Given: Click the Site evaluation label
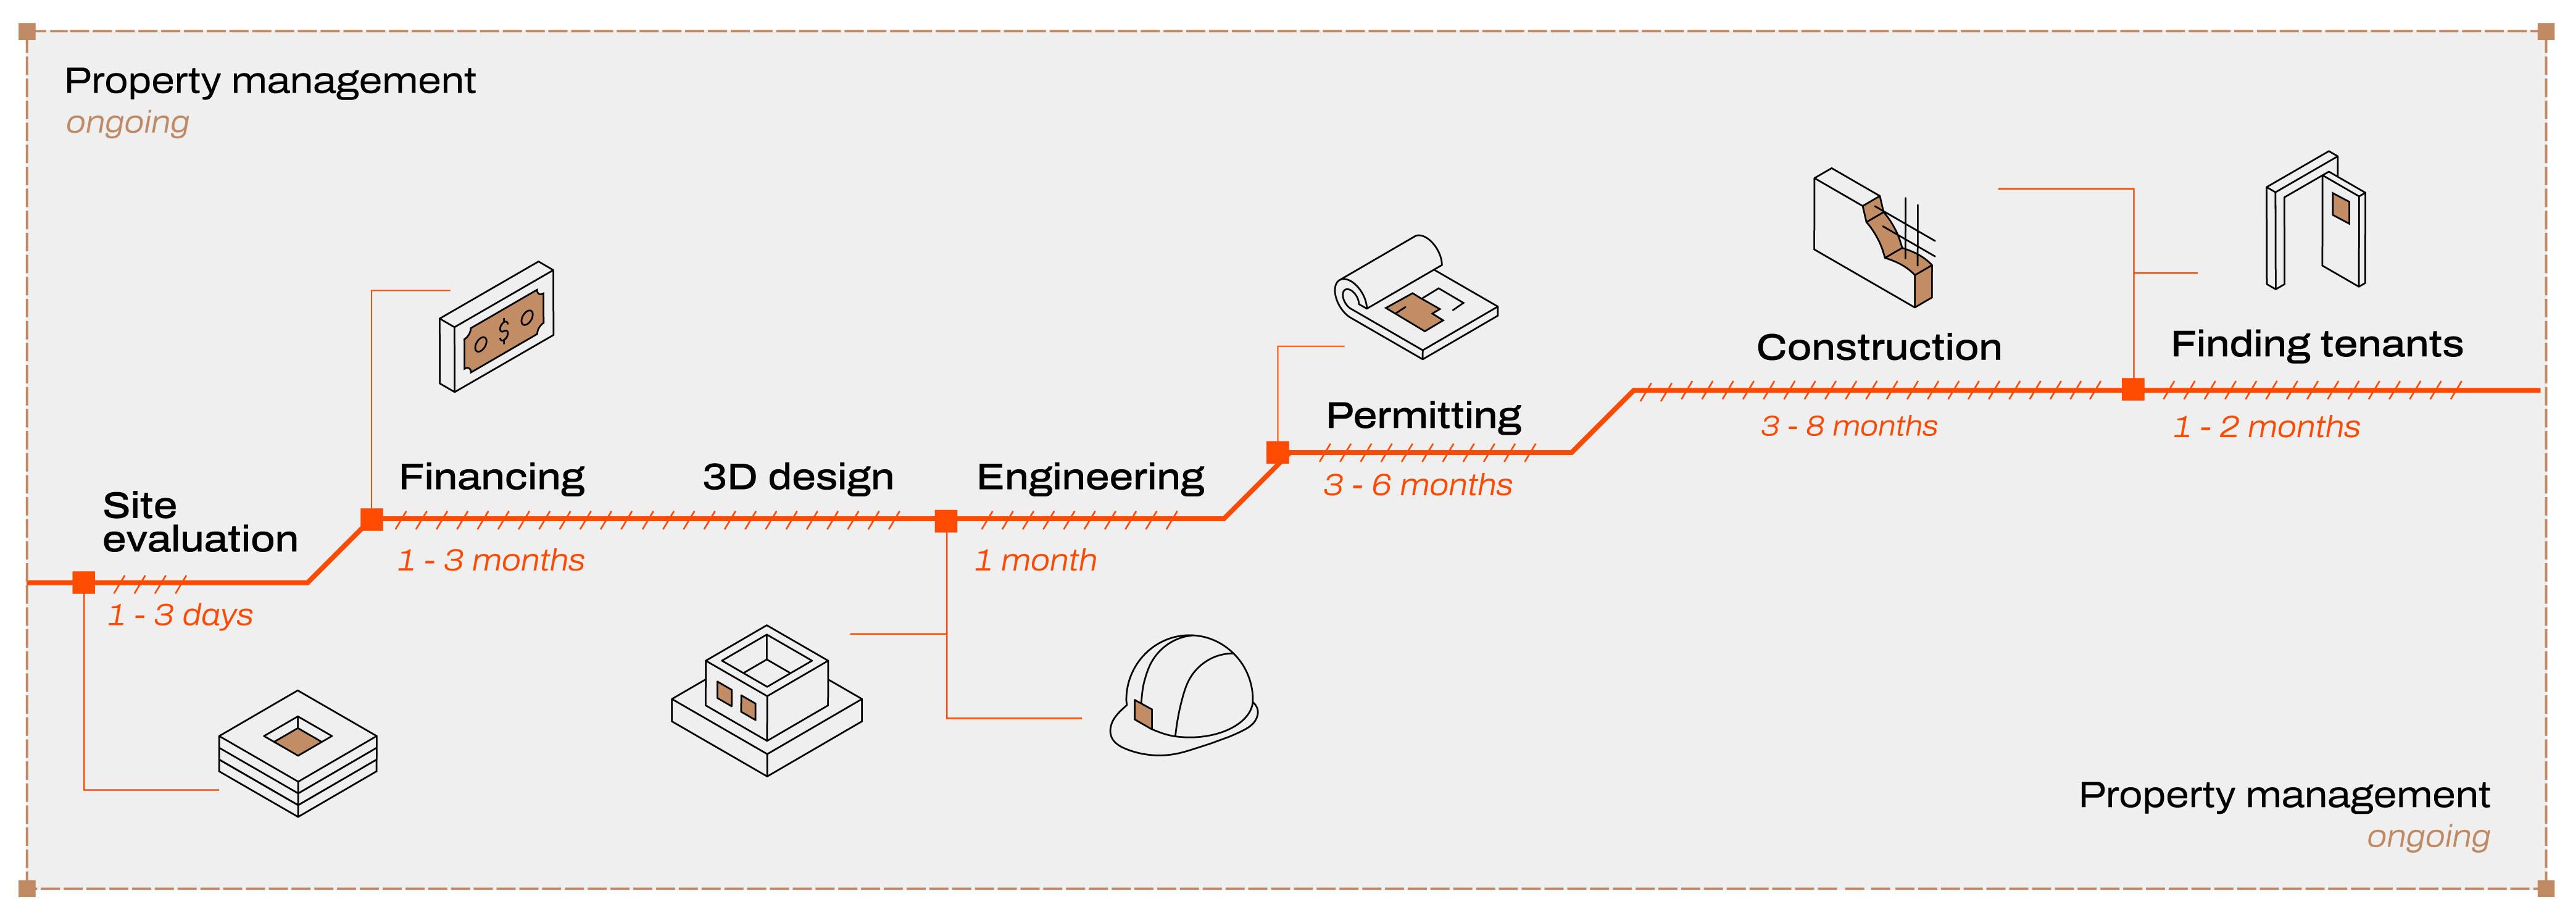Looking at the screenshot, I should coord(200,521).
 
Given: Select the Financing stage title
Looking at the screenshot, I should coord(491,477).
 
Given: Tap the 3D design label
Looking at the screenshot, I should coord(797,477).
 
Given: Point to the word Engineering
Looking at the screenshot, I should coord(1090,477).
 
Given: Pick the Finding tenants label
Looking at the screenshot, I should coord(2316,345).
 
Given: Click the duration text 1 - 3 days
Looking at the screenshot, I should coord(180,614).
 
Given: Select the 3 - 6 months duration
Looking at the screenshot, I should coord(1418,485).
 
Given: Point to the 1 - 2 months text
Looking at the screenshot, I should coord(2266,427).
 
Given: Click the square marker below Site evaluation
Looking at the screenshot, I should coord(84,582).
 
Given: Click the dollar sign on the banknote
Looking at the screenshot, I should coord(504,328).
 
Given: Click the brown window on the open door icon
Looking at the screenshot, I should coord(2340,208).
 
